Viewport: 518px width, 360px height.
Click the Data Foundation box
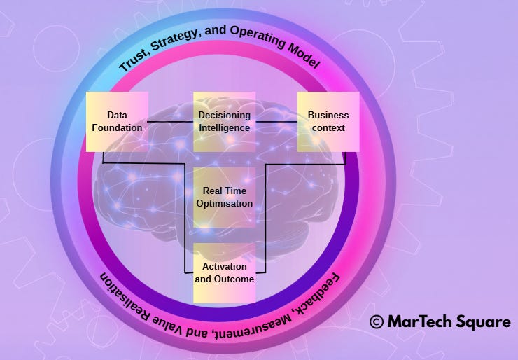tap(117, 122)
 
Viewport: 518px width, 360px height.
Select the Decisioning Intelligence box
tap(224, 122)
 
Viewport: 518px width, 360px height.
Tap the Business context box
tap(328, 122)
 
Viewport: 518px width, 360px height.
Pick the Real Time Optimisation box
tap(224, 197)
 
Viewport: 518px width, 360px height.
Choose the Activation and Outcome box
tap(224, 273)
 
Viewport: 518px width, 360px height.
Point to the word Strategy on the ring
tap(178, 43)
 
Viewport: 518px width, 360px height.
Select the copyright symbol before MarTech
tap(377, 321)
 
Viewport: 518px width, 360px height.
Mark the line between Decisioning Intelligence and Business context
tap(276, 122)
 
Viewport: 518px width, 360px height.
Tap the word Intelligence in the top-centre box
tap(224, 128)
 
